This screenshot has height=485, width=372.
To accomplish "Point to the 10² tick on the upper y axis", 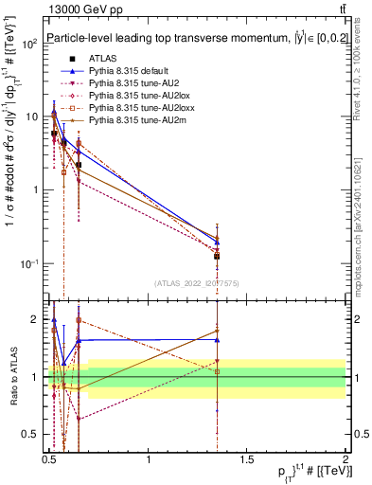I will (30, 45).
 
